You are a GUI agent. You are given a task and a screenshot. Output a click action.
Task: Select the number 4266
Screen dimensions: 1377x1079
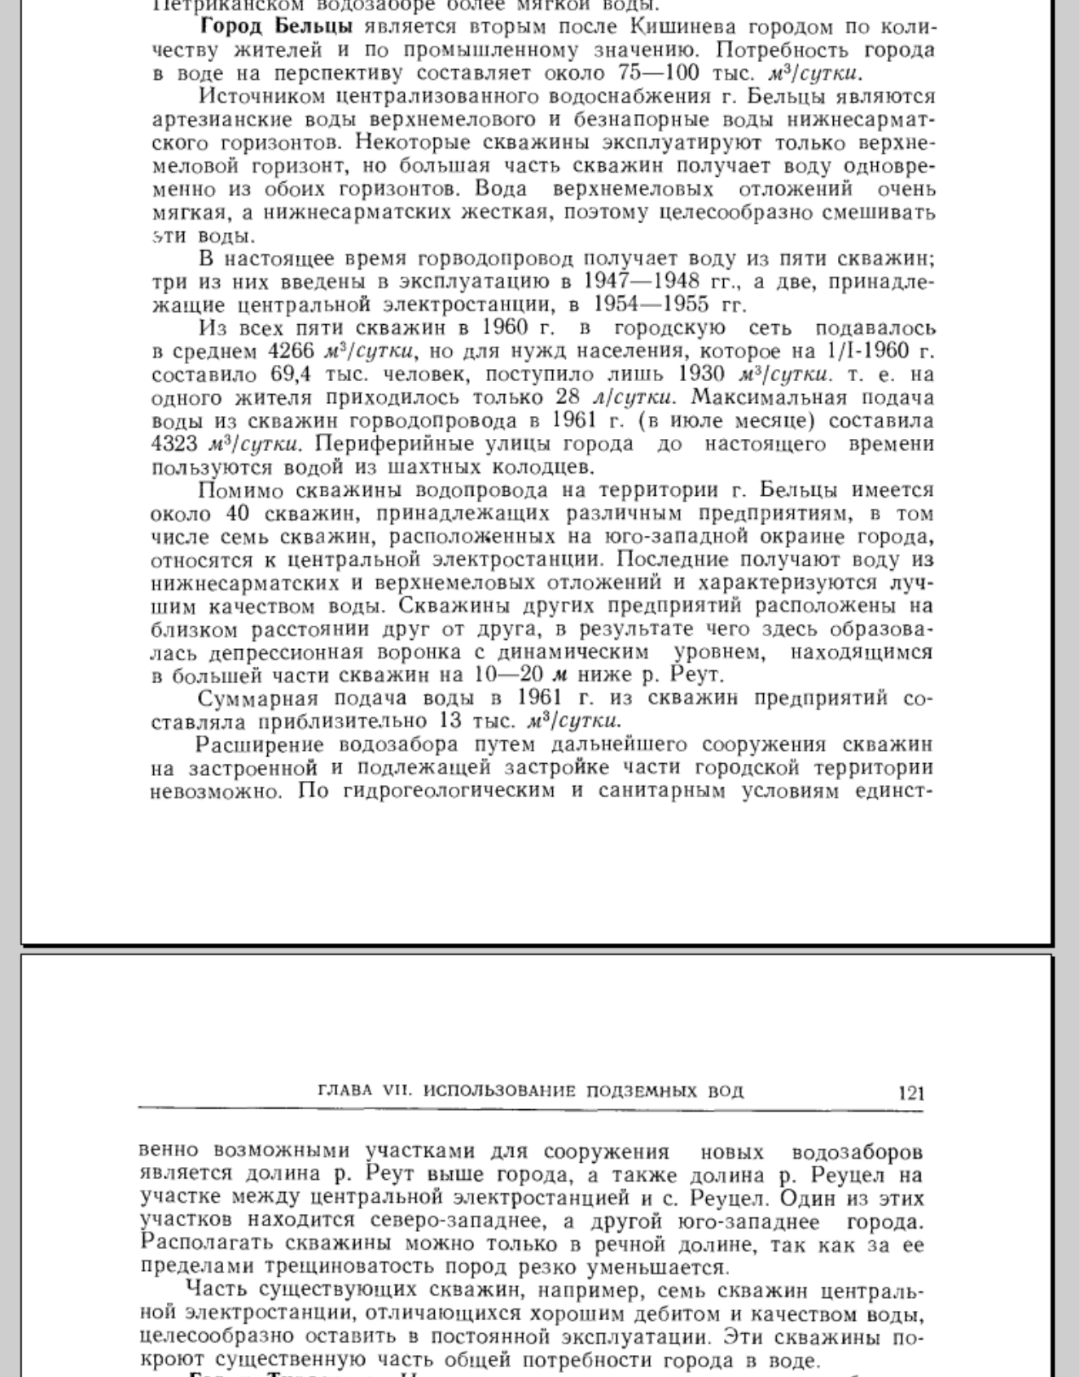(x=292, y=352)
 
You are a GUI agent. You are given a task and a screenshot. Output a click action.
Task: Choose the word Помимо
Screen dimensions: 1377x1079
(x=242, y=491)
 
